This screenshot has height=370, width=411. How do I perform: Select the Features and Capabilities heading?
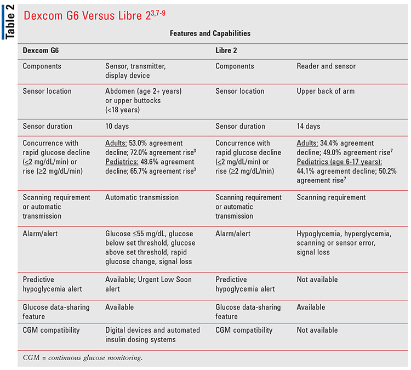tap(210, 33)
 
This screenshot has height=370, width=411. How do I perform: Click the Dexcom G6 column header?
tap(41, 50)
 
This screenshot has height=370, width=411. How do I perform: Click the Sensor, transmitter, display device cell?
tap(135, 71)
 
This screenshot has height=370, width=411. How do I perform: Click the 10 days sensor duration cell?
tap(117, 126)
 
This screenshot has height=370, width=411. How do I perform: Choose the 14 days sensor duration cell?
tap(309, 126)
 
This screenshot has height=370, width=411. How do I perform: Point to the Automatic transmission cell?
tap(141, 197)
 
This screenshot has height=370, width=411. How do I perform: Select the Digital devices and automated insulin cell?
tap(152, 334)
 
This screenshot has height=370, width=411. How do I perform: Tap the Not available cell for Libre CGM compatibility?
tap(317, 330)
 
